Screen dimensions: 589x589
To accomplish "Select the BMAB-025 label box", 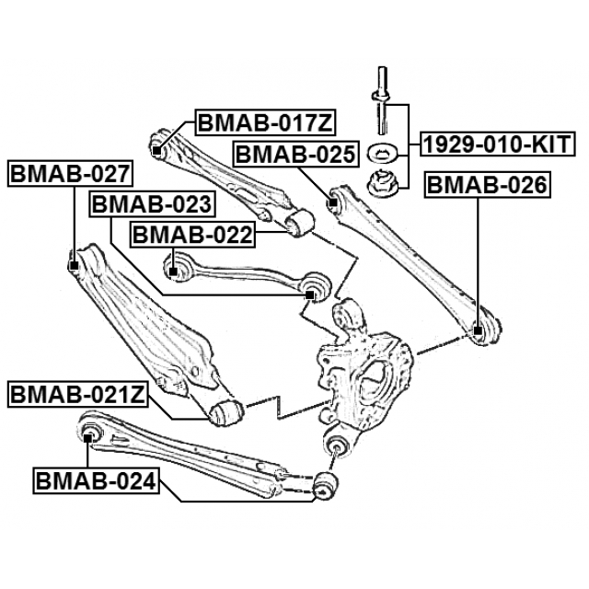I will [294, 154].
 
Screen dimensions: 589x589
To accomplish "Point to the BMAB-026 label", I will [486, 187].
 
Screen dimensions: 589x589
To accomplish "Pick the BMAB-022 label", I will [192, 236].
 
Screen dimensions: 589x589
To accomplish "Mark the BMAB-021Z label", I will [77, 396].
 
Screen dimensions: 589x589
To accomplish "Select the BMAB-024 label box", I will [95, 479].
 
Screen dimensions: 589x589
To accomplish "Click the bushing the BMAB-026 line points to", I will [478, 330].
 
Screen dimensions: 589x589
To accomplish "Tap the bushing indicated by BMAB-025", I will [333, 197].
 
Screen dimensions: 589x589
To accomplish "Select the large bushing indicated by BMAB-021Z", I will [225, 413].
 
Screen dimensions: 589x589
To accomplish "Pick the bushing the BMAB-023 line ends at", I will [312, 294].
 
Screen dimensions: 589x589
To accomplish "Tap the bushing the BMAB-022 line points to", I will [172, 270].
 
